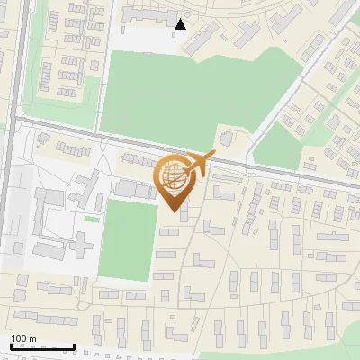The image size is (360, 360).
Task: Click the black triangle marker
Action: [x=181, y=23]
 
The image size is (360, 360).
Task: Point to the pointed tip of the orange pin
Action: [x=175, y=211]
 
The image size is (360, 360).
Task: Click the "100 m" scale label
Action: [x=23, y=338]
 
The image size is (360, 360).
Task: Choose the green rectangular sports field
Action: [x=126, y=238]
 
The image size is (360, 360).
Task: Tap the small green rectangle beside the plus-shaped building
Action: [x=92, y=219]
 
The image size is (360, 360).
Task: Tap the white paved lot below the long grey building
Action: [x=144, y=38]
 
